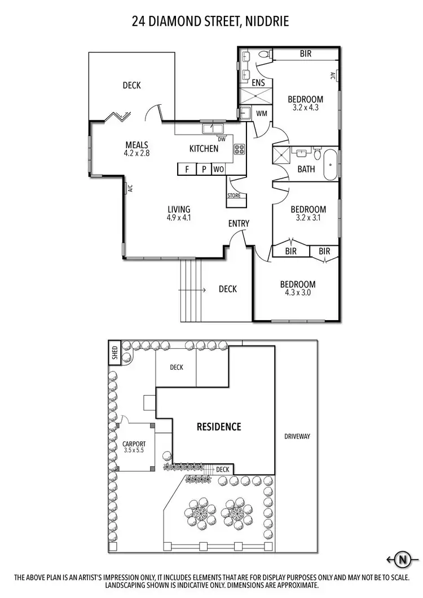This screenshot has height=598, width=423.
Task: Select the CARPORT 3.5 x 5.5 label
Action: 134,447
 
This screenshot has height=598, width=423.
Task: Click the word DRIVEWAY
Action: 297,436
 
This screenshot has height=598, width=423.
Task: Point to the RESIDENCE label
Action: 219,427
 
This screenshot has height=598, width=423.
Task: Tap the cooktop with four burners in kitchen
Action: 239,149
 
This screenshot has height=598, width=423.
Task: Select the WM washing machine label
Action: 262,113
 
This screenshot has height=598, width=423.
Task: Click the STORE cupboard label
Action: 234,196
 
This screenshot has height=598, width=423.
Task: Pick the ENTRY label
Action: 239,224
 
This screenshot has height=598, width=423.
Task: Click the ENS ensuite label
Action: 258,83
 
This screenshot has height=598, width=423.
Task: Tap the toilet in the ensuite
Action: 263,55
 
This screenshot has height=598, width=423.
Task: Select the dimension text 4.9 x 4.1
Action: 179,217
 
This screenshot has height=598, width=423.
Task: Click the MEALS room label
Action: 136,145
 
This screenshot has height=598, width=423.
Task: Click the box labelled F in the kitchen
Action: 186,169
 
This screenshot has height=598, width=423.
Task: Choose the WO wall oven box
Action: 219,169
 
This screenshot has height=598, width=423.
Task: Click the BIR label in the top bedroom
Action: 306,54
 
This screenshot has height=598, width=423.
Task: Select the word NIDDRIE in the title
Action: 267,22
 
